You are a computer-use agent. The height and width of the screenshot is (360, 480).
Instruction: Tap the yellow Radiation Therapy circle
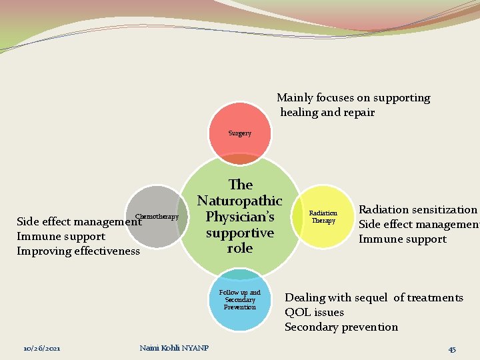[x=323, y=217]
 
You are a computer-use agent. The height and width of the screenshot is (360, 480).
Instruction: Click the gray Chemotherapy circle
[x=158, y=217]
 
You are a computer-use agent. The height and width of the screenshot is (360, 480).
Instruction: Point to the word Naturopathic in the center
[x=240, y=201]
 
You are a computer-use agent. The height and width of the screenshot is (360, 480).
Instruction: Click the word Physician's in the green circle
[x=240, y=217]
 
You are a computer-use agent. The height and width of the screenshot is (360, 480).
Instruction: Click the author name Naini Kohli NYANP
[x=175, y=348]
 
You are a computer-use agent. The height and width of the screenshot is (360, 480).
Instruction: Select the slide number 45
[x=452, y=349]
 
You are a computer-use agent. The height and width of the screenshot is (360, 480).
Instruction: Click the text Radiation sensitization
[x=418, y=209]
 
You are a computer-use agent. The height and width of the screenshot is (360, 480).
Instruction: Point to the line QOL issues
[x=315, y=312]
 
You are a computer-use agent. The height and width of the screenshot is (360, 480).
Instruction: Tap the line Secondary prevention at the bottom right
[x=341, y=327]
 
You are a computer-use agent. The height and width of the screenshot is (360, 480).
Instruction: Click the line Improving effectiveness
[x=78, y=251]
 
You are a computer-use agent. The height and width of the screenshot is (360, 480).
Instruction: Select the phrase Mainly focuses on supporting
[x=353, y=98]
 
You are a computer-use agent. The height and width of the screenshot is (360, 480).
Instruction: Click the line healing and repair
[x=327, y=113]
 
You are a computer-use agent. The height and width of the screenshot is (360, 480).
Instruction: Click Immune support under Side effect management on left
[x=61, y=236]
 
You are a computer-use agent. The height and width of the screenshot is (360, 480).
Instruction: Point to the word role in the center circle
[x=240, y=248]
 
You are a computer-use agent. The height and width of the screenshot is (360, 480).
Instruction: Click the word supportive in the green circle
[x=240, y=233]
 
